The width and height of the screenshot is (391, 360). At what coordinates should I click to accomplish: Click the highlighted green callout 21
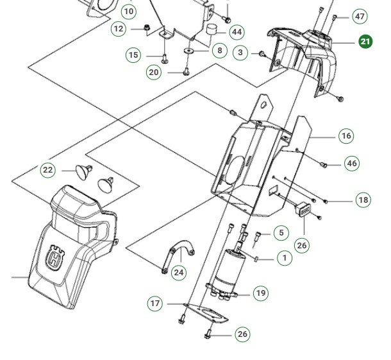click(365, 42)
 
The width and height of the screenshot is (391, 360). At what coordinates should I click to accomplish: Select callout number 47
click(360, 17)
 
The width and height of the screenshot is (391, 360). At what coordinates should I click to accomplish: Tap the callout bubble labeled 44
click(237, 32)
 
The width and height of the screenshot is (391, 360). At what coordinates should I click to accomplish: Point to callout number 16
click(346, 136)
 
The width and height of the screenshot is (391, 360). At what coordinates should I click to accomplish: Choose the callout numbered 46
click(352, 164)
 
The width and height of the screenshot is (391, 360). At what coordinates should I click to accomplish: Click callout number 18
click(363, 200)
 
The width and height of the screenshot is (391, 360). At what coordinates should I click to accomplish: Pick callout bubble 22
click(48, 170)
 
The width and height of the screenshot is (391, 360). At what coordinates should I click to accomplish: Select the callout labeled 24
click(179, 273)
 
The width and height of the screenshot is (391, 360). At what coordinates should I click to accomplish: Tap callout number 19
click(260, 293)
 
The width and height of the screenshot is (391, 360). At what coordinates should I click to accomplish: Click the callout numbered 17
click(155, 304)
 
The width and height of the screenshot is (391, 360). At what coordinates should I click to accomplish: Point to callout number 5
click(281, 233)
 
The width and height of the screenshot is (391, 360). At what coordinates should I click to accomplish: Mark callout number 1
click(284, 258)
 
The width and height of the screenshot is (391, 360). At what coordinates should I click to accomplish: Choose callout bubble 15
click(133, 55)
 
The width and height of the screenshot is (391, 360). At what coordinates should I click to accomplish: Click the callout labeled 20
click(154, 73)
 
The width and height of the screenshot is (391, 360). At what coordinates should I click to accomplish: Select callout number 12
click(119, 29)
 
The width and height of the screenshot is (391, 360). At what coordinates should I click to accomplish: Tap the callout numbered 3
click(240, 52)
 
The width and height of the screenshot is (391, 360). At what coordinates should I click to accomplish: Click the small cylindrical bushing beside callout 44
click(211, 31)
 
